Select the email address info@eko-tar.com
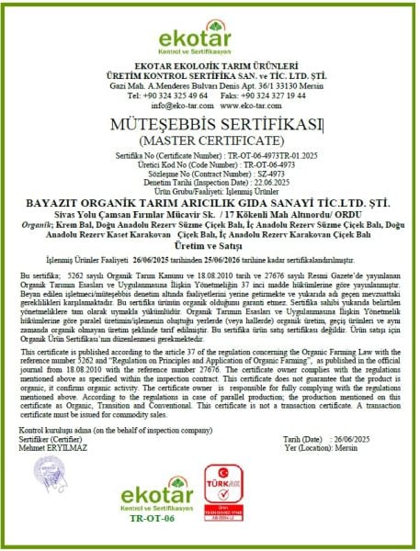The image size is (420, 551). coord(173,106)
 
